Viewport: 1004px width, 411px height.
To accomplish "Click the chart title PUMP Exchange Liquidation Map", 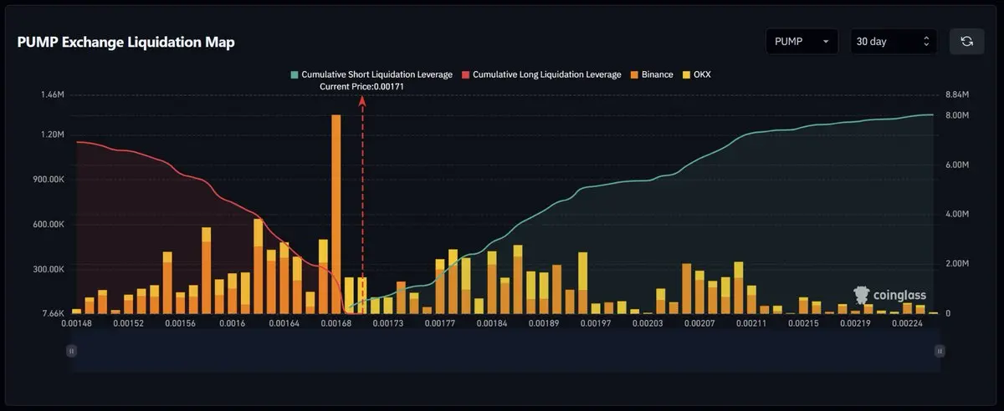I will [x=125, y=43].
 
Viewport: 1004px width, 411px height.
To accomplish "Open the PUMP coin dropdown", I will [x=802, y=41].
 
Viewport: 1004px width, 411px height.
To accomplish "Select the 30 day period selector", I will [x=894, y=41].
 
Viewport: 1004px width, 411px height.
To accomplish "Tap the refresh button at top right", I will [x=966, y=41].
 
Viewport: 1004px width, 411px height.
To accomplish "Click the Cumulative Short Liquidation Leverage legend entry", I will [x=371, y=74].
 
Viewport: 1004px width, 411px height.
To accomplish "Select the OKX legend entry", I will [x=697, y=74].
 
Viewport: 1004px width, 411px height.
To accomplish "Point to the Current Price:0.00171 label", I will [x=362, y=87].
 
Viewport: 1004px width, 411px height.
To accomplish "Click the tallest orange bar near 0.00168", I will [x=336, y=209].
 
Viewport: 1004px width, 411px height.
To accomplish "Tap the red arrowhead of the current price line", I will [x=362, y=100].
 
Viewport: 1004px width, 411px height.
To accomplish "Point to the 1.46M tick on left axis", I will [x=52, y=95].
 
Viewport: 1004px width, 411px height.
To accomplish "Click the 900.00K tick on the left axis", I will [x=47, y=180].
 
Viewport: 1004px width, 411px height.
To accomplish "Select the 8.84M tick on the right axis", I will [x=956, y=95].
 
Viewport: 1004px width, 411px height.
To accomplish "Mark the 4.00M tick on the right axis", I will [x=956, y=215].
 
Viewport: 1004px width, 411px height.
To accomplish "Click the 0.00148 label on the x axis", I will [x=77, y=323].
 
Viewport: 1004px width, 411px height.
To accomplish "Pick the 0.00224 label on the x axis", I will [x=906, y=323].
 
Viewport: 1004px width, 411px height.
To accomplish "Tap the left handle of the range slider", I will [x=71, y=352].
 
